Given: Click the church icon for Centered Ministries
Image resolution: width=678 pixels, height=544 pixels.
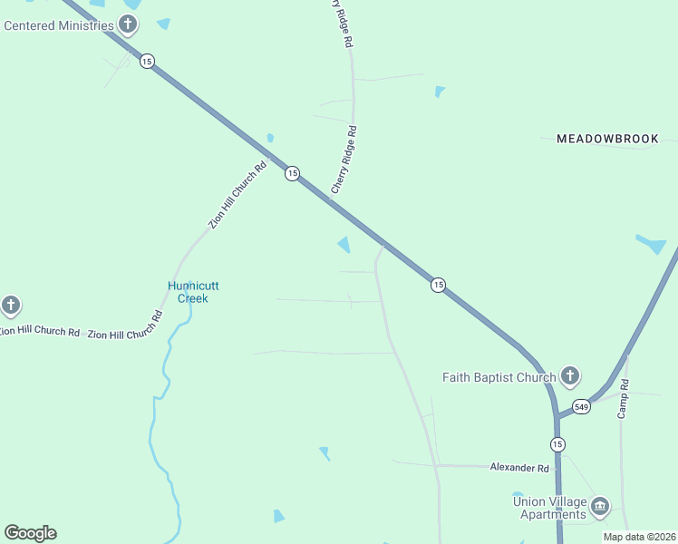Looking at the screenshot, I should pyautogui.click(x=129, y=24).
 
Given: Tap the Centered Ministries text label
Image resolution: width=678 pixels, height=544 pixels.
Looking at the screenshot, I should pyautogui.click(x=59, y=25).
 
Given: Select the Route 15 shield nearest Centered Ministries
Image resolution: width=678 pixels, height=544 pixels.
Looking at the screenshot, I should pyautogui.click(x=147, y=61).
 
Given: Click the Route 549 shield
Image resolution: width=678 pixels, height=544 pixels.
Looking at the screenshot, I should pyautogui.click(x=581, y=407).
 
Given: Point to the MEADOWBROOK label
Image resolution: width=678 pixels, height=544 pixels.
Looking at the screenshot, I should pyautogui.click(x=607, y=139).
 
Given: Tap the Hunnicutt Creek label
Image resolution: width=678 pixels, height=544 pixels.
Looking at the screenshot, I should pyautogui.click(x=193, y=292).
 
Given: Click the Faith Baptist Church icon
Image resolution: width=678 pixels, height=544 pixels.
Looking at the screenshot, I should pyautogui.click(x=569, y=375).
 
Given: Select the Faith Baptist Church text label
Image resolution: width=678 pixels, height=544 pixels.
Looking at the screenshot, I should pyautogui.click(x=499, y=377).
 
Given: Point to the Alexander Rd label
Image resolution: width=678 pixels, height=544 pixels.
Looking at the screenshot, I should pyautogui.click(x=519, y=468).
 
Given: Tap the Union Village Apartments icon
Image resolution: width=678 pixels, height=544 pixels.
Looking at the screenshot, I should pyautogui.click(x=600, y=506).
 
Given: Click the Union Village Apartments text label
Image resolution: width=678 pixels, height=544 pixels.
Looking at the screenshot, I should pyautogui.click(x=549, y=508).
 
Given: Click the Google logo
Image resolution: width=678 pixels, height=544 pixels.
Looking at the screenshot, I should pyautogui.click(x=30, y=533).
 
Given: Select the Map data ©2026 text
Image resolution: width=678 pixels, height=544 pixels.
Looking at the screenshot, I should pyautogui.click(x=640, y=537).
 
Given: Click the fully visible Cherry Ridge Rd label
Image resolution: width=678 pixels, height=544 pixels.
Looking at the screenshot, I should pyautogui.click(x=344, y=160).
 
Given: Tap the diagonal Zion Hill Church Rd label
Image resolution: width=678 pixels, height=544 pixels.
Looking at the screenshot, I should pyautogui.click(x=237, y=194).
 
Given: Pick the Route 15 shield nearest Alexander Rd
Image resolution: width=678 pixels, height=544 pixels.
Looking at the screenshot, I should pyautogui.click(x=557, y=443).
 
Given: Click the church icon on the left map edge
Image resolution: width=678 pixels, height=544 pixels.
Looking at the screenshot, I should pyautogui.click(x=11, y=305).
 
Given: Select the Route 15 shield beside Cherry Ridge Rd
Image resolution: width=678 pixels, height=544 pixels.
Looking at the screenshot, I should pyautogui.click(x=291, y=173).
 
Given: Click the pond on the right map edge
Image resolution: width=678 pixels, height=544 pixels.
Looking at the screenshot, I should pyautogui.click(x=652, y=244).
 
